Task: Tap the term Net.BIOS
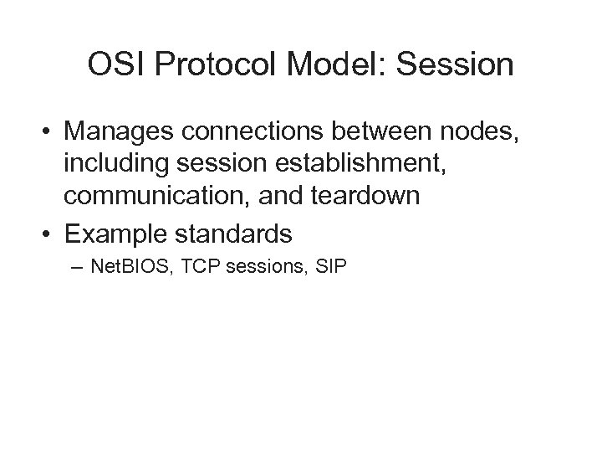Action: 126,269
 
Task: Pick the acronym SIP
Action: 331,269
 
